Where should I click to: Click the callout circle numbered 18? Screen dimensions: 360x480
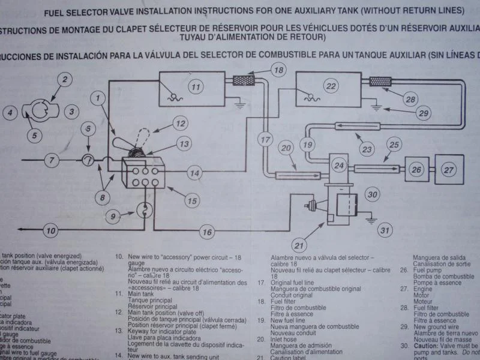[x=278, y=70]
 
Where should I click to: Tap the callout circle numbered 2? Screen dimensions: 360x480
[x=65, y=79]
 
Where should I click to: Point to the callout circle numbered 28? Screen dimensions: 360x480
[x=410, y=99]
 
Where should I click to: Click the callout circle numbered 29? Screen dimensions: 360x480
[x=424, y=113]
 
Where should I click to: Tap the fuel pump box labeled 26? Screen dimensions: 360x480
[x=416, y=170]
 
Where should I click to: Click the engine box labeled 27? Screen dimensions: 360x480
[x=448, y=170]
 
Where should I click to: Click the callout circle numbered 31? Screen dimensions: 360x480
[x=385, y=229]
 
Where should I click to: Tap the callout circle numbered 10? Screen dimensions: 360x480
[x=51, y=230]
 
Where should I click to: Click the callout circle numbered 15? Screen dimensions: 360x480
[x=191, y=202]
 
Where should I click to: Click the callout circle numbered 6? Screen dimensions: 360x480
[x=88, y=128]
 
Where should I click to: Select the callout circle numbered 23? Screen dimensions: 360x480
[x=367, y=149]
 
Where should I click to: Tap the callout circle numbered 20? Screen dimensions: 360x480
[x=286, y=148]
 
